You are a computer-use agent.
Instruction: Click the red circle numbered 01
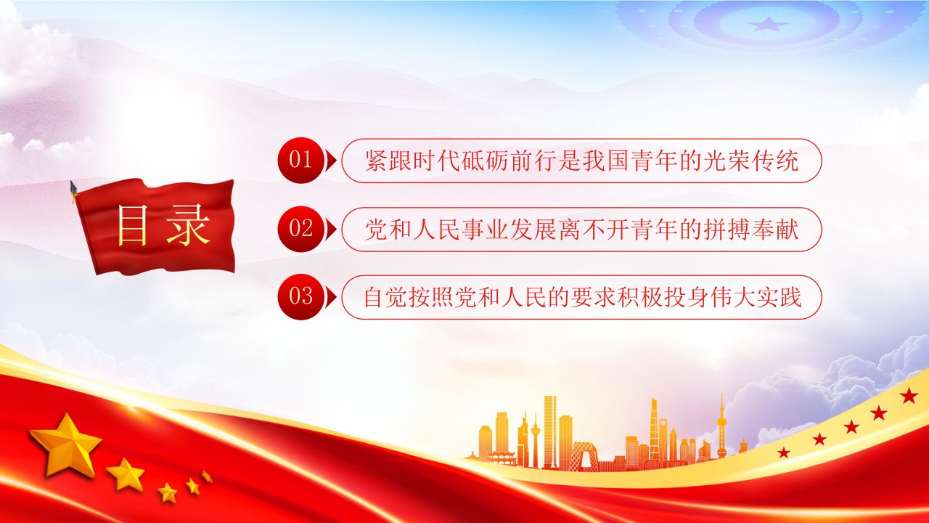[300, 161]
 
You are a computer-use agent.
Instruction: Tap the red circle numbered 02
[300, 229]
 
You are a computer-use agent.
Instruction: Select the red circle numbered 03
[300, 297]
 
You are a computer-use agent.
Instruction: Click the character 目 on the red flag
[132, 224]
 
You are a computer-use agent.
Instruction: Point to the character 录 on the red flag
[188, 224]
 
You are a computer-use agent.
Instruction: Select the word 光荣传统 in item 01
[750, 161]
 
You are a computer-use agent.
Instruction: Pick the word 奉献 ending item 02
[774, 229]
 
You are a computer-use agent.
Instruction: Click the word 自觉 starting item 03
[387, 297]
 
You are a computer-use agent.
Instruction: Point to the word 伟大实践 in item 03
[754, 297]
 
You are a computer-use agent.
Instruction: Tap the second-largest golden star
[126, 474]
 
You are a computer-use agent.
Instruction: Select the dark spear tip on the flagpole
[74, 187]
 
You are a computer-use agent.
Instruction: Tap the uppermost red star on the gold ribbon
[909, 396]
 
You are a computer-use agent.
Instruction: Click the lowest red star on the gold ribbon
[783, 453]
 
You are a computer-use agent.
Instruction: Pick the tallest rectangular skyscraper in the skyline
[550, 431]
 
